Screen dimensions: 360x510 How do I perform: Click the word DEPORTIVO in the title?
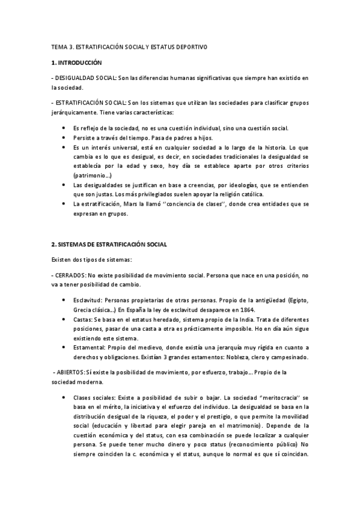[190, 46]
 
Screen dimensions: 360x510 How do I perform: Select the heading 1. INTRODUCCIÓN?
[77, 62]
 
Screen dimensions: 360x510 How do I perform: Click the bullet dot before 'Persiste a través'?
[64, 138]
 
